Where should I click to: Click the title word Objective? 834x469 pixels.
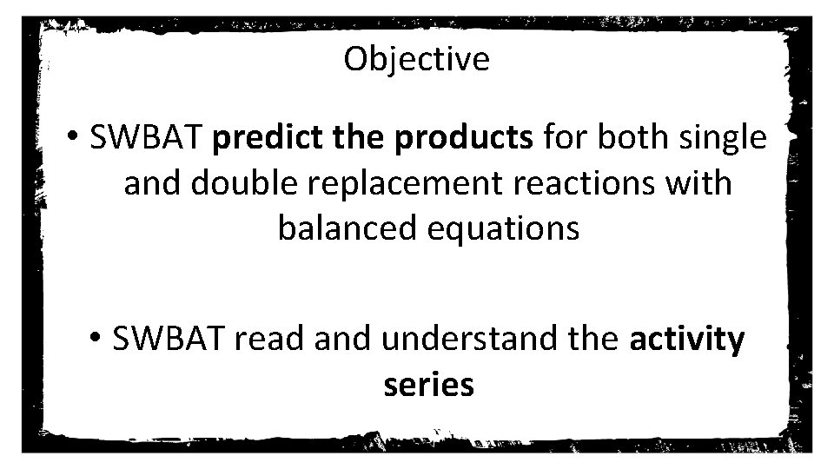point(416,60)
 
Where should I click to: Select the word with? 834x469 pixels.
point(705,183)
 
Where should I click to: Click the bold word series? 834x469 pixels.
point(428,385)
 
